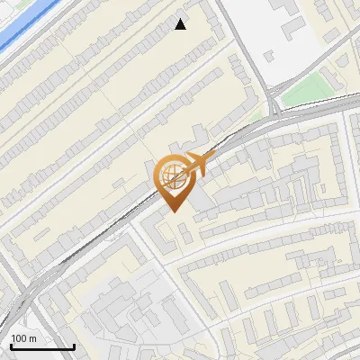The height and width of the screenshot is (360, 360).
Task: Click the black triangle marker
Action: pyautogui.click(x=181, y=24)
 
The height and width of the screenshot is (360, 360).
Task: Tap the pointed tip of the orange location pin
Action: pyautogui.click(x=174, y=211)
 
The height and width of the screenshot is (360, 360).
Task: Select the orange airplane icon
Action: pyautogui.click(x=196, y=164)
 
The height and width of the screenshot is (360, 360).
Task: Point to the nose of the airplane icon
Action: pyautogui.click(x=210, y=158)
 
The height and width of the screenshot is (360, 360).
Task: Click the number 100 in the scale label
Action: pyautogui.click(x=20, y=338)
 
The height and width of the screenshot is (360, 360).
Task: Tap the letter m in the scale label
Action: pyautogui.click(x=32, y=338)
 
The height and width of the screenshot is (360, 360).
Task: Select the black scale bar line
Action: pyautogui.click(x=42, y=346)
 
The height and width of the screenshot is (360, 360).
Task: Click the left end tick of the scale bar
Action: pyautogui.click(x=11, y=345)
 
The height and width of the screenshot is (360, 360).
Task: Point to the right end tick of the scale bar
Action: pyautogui.click(x=74, y=345)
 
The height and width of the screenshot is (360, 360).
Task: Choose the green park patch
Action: pyautogui.click(x=301, y=89)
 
